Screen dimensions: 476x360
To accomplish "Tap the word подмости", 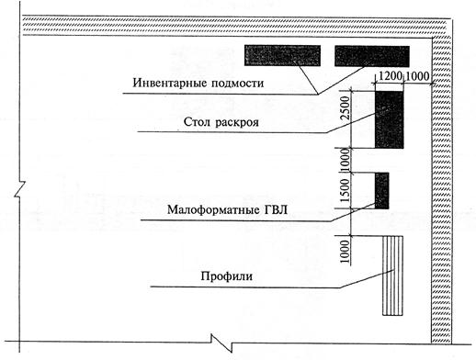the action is [237, 84].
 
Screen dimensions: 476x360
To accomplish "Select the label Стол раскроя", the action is [221, 122].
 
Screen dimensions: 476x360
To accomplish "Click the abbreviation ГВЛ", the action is [275, 210].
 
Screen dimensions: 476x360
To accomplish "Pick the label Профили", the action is [227, 276].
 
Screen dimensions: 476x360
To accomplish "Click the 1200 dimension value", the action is [390, 75].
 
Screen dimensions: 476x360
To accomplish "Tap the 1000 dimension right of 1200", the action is [418, 76].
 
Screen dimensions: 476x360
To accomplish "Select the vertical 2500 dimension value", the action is [346, 107].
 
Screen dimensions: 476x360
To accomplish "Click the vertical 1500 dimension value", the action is [346, 190].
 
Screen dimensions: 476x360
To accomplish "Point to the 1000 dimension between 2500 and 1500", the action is [346, 160].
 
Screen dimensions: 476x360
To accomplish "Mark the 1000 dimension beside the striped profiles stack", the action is [346, 252].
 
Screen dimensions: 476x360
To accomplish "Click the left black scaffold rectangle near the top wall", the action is [282, 55].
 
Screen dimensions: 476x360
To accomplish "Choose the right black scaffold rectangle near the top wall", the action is [372, 56].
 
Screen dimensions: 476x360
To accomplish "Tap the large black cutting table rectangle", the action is [390, 119].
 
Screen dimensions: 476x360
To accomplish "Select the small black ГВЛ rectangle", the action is [382, 191].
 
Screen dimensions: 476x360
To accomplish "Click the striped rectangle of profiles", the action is [392, 276].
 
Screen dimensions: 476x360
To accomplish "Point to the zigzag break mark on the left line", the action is [19, 189].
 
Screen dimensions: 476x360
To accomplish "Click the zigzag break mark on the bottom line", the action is [221, 343].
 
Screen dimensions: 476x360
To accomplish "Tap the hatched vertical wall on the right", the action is [441, 190].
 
